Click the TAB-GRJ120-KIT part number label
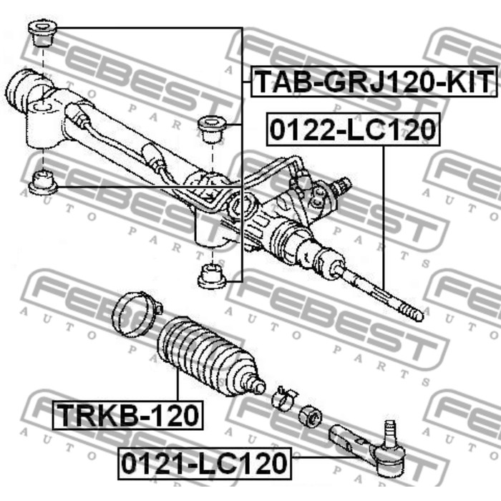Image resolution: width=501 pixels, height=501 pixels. (374, 82)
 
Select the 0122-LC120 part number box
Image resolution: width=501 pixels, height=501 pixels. (353, 130)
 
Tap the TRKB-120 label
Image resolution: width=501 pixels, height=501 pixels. (127, 415)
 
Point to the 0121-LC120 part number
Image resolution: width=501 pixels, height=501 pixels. (205, 463)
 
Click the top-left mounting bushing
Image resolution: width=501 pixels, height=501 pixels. (42, 34)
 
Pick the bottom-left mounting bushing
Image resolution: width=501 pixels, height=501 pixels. (42, 183)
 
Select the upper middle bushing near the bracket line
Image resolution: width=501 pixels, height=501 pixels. (212, 130)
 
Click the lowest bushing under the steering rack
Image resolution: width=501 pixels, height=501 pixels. (212, 276)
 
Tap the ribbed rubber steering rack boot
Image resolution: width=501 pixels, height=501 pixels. (209, 357)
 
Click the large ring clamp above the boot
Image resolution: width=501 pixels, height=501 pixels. (136, 314)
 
